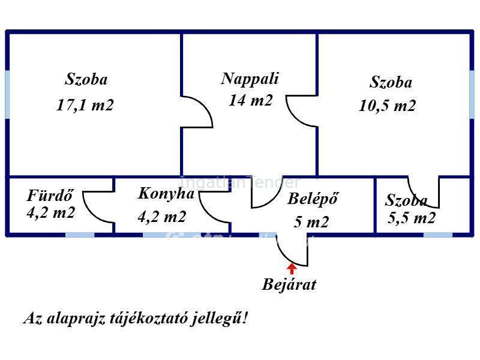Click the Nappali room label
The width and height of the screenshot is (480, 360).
250,79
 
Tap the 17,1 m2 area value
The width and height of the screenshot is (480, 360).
85,105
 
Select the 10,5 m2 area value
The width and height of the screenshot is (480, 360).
387,106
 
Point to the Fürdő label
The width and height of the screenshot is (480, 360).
50,196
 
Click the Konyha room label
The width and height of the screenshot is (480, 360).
166,193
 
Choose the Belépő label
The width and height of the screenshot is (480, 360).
313,199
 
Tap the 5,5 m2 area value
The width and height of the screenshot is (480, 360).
411,218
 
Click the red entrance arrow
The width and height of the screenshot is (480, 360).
292,268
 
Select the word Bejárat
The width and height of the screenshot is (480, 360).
289,284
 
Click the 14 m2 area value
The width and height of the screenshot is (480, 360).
250,100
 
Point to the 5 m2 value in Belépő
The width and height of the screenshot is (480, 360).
311,222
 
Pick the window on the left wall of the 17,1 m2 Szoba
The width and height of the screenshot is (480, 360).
7,94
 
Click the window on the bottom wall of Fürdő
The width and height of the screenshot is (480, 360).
80,234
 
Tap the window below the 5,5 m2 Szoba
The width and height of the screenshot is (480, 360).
437,234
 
